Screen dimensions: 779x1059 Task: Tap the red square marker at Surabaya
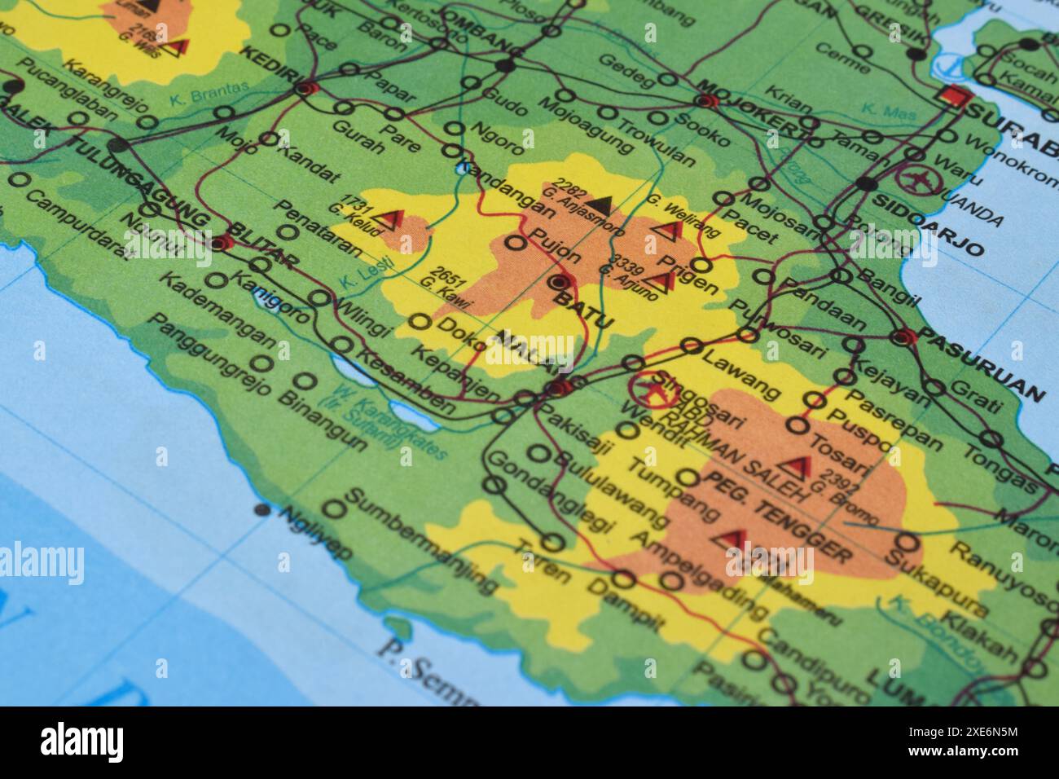click(953, 97)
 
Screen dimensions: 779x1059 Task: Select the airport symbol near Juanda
click(916, 178)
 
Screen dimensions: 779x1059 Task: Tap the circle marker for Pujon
click(515, 242)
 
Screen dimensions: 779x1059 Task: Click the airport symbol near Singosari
click(650, 387)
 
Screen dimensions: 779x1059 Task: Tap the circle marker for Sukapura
click(908, 543)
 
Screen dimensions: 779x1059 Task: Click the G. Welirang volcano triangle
click(668, 231)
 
